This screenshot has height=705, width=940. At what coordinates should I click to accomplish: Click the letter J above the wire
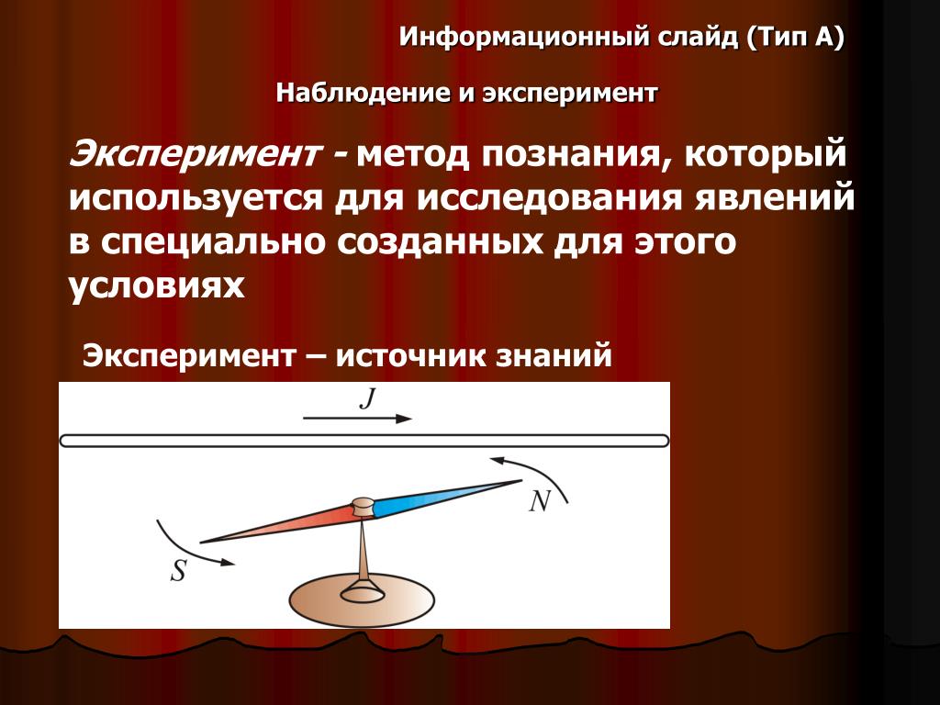367,398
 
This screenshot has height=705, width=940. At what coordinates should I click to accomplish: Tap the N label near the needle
540,500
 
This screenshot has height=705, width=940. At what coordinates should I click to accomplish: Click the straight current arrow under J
357,419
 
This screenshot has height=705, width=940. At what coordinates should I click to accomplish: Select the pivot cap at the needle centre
362,507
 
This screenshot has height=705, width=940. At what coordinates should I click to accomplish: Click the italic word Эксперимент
194,153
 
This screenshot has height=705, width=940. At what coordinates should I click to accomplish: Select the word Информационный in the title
524,37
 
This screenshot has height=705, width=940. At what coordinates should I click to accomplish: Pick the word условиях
156,285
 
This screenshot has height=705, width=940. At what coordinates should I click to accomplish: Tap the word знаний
554,355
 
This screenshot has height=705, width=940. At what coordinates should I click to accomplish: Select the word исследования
549,198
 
